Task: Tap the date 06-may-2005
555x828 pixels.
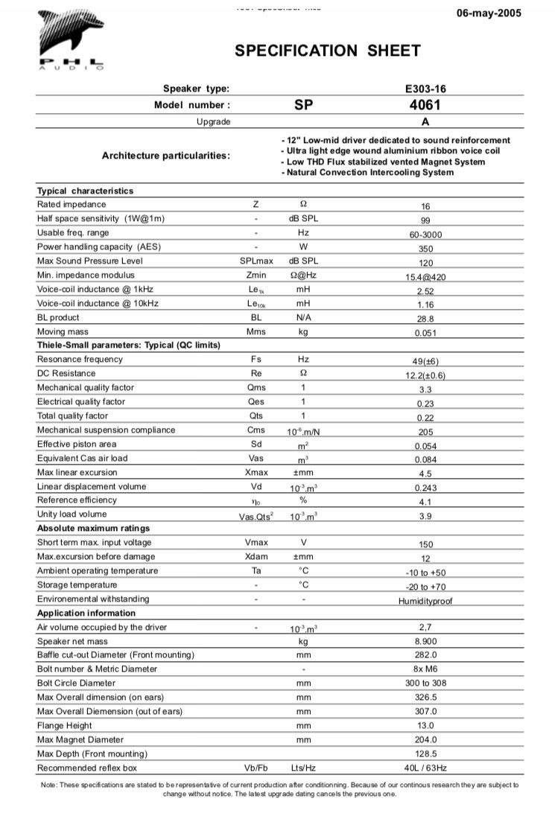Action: (488, 13)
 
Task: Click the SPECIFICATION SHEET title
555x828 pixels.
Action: (328, 51)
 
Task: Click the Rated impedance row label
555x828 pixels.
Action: (72, 204)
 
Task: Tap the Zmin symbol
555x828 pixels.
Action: (256, 275)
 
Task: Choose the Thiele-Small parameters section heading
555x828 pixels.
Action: (129, 345)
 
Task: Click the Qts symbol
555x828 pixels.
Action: (256, 416)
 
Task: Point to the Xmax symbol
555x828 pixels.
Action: (256, 473)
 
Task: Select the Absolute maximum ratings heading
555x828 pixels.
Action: (93, 528)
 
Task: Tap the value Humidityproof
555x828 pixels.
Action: (425, 601)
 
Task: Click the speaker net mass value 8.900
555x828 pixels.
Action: (425, 641)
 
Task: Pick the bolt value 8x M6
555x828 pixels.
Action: (425, 669)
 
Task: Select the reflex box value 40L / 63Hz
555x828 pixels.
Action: (425, 768)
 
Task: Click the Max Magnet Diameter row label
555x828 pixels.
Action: (80, 739)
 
